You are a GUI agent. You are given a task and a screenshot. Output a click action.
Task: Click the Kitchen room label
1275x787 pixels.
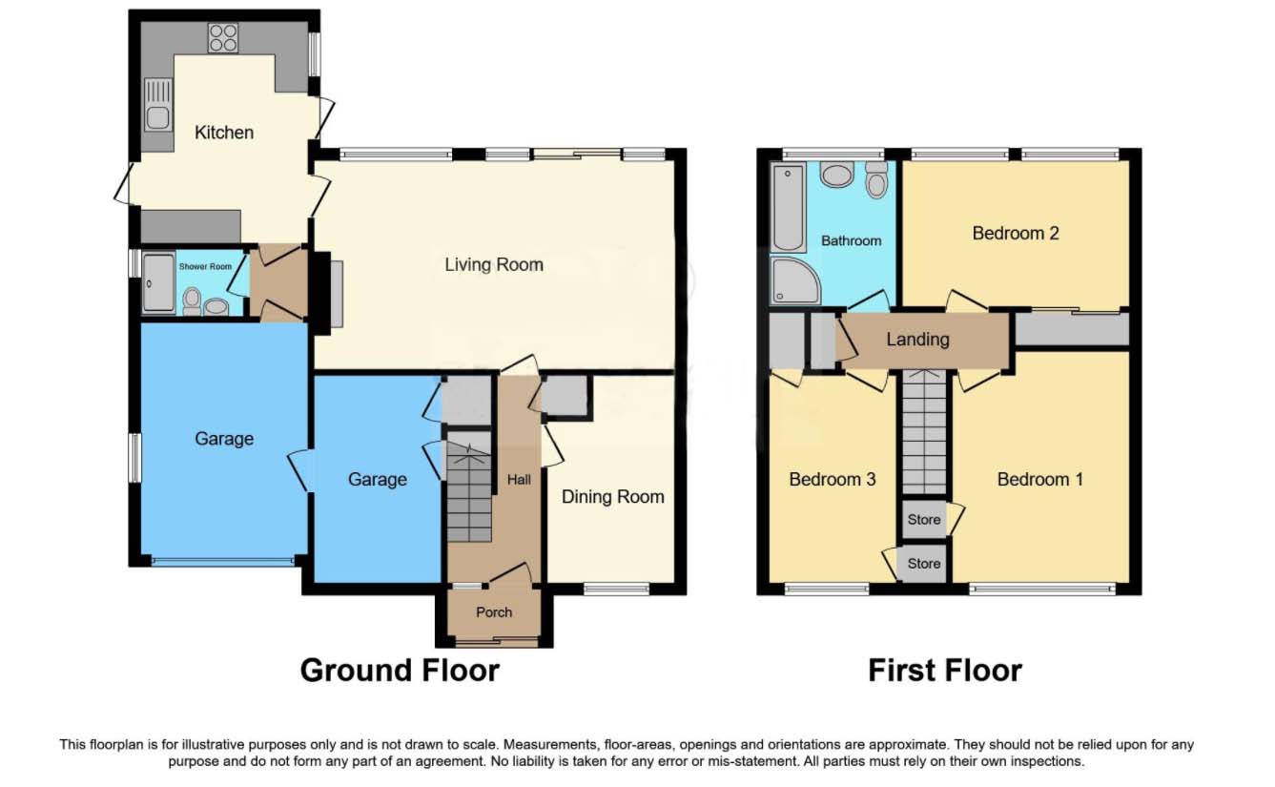pyautogui.click(x=224, y=133)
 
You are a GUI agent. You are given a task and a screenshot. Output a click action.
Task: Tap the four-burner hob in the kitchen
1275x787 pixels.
pyautogui.click(x=223, y=37)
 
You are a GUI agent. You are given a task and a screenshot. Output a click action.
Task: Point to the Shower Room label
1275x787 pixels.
pyautogui.click(x=205, y=267)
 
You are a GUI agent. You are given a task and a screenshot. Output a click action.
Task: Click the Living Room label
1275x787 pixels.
pyautogui.click(x=494, y=264)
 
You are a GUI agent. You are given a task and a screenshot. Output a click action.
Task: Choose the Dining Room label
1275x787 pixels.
pyautogui.click(x=612, y=497)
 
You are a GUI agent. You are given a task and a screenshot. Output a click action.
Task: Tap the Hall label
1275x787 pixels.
pyautogui.click(x=519, y=480)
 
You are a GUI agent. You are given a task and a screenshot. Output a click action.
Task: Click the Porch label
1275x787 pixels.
pyautogui.click(x=494, y=612)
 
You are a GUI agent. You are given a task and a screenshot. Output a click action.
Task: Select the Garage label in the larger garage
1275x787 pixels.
pyautogui.click(x=224, y=439)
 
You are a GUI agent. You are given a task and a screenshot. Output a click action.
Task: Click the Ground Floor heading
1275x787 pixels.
pyautogui.click(x=400, y=671)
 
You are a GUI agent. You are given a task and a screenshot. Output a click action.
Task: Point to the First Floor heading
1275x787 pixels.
pyautogui.click(x=944, y=671)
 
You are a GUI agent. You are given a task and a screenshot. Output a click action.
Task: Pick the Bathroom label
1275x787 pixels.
pyautogui.click(x=851, y=241)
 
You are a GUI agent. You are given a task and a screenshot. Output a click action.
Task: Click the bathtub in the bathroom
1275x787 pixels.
pyautogui.click(x=788, y=206)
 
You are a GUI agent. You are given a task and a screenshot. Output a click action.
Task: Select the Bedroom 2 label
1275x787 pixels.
pyautogui.click(x=1016, y=233)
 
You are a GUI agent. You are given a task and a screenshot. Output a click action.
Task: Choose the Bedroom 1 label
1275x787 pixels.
pyautogui.click(x=1039, y=479)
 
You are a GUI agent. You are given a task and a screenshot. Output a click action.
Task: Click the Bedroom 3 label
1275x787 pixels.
pyautogui.click(x=832, y=479)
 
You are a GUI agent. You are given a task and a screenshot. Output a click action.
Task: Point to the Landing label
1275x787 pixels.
pyautogui.click(x=917, y=339)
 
